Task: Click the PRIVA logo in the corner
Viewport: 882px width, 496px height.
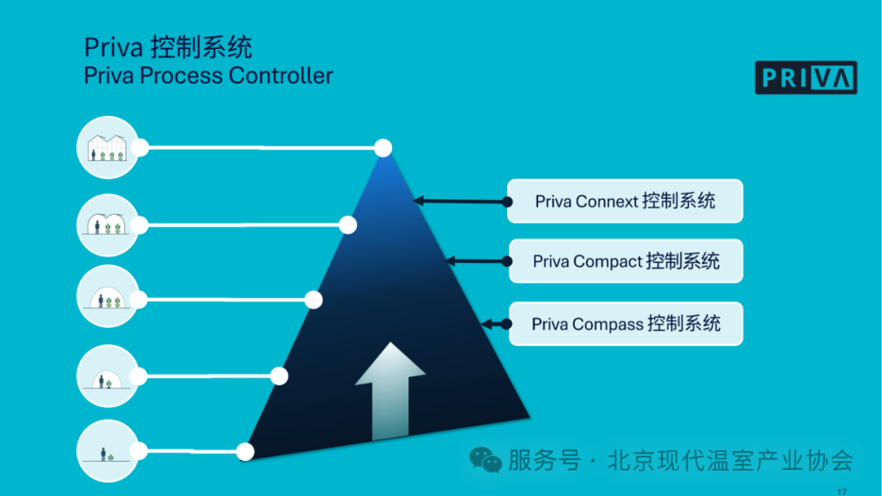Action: click(805, 78)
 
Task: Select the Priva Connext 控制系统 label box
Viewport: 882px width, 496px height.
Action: click(625, 201)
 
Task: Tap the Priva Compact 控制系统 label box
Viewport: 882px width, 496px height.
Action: click(626, 261)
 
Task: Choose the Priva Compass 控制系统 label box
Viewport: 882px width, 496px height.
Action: click(626, 324)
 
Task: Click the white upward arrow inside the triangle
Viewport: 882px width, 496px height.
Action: click(390, 391)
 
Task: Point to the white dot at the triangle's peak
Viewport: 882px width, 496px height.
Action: click(383, 148)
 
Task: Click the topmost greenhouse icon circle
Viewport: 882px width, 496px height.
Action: click(107, 148)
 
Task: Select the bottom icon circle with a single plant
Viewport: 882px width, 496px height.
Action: click(107, 451)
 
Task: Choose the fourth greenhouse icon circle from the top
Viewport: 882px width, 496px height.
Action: click(107, 376)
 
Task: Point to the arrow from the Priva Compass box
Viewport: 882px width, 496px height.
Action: click(496, 324)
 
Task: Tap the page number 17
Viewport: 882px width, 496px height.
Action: click(842, 490)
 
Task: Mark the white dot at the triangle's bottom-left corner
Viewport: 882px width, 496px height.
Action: click(244, 451)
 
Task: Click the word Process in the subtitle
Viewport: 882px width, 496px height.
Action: click(181, 76)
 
